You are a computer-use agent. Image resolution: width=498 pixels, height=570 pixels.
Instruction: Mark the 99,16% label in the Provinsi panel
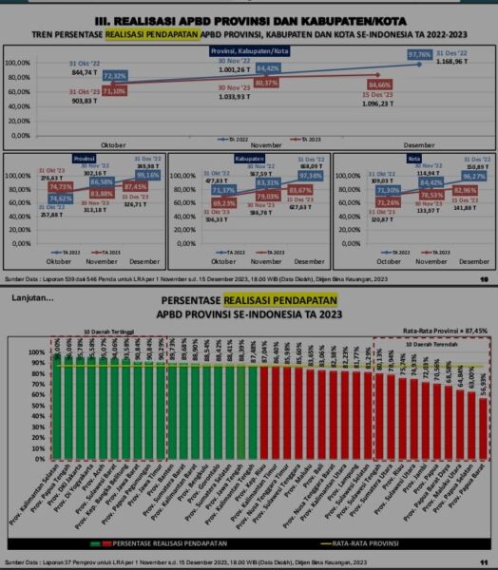coord(148,176)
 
